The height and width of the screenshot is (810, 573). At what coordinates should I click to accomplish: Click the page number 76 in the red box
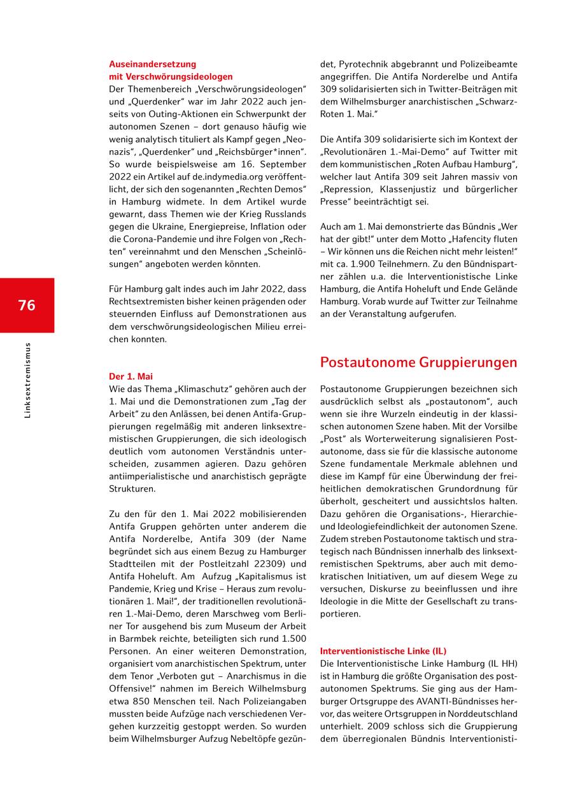point(27,305)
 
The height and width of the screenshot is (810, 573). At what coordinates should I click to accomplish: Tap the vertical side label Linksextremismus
point(27,381)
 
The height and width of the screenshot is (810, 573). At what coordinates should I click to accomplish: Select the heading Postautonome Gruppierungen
point(418,362)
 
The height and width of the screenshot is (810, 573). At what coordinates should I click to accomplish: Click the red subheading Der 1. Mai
point(131,376)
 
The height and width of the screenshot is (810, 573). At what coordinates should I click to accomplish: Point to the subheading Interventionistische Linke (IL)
point(383,651)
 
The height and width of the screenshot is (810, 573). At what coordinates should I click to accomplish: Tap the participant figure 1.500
point(294,639)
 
